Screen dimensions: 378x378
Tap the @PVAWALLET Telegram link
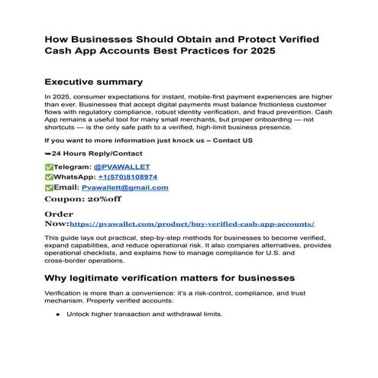[121, 166]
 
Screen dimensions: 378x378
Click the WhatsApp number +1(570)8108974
[126, 177]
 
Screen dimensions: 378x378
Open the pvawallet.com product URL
[192, 225]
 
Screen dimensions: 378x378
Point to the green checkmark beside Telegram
[50, 166]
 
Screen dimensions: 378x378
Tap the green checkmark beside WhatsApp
[50, 177]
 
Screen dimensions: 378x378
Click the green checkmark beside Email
[50, 187]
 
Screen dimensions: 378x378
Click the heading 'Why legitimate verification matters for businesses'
[170, 277]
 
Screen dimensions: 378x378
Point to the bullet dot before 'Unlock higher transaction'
[58, 314]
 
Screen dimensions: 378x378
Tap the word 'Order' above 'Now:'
[60, 215]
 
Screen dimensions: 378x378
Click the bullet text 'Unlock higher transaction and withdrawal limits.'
[144, 314]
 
